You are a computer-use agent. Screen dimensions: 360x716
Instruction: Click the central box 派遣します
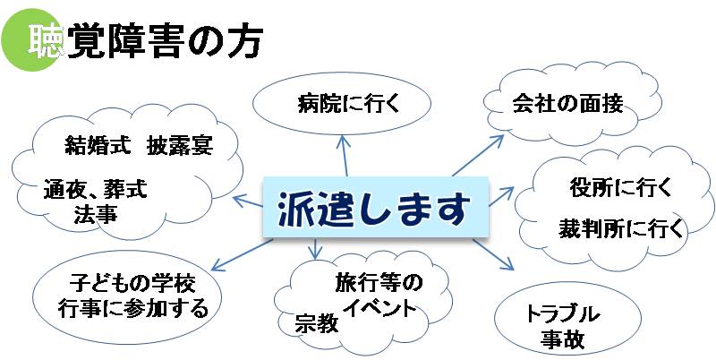pos(375,210)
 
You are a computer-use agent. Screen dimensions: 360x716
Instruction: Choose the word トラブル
pos(561,314)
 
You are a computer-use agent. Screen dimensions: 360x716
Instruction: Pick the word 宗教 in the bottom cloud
pos(316,323)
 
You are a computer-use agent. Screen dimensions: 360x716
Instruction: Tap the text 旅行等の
pos(377,284)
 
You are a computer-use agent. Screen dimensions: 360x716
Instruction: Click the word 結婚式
pos(97,144)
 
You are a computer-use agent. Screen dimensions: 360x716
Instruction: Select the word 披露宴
pos(181,144)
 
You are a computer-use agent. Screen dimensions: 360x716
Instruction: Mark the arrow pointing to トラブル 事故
pos(495,254)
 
